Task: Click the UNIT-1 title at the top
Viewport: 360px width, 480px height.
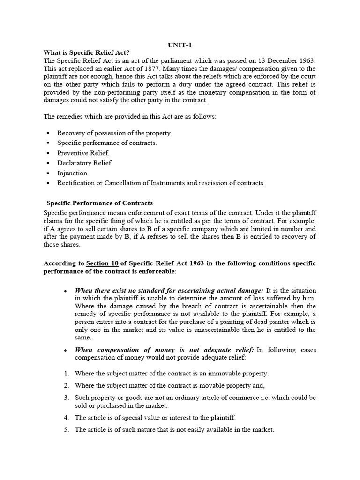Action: click(x=180, y=45)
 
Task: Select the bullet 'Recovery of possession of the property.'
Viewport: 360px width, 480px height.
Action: click(x=114, y=133)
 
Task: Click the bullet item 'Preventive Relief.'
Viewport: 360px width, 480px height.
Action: click(x=83, y=153)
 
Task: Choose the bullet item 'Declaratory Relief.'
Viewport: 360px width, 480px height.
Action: click(x=85, y=163)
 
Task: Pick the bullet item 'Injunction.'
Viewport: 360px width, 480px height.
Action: click(x=73, y=173)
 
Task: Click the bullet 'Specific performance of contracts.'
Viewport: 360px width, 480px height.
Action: click(x=107, y=142)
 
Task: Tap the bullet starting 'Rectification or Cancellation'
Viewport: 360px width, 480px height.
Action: click(x=161, y=183)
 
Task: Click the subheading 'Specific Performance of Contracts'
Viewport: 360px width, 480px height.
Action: click(x=99, y=203)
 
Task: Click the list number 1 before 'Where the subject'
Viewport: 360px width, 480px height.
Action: click(x=66, y=374)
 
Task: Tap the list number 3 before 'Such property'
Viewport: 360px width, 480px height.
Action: click(x=66, y=397)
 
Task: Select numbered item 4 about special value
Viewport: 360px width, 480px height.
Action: click(x=155, y=417)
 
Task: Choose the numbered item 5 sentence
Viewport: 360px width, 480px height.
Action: click(x=174, y=429)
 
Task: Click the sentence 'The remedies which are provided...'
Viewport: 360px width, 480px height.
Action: click(x=130, y=117)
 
